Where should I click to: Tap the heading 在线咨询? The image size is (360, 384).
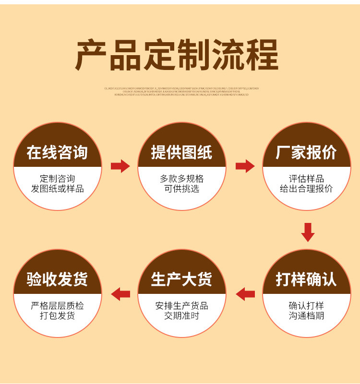(57, 152)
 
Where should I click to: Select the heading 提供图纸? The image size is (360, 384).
(181, 152)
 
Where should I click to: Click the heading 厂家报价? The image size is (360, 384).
(306, 152)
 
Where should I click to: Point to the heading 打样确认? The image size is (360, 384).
(306, 279)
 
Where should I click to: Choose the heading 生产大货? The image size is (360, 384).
(181, 279)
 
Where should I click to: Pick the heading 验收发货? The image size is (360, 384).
(57, 279)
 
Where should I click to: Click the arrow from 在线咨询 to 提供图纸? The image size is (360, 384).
(120, 166)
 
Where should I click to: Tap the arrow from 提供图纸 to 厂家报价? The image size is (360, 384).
(245, 166)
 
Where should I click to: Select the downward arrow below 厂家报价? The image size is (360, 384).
(308, 232)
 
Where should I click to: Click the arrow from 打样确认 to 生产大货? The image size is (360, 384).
(245, 293)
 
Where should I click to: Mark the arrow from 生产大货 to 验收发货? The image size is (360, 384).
(120, 293)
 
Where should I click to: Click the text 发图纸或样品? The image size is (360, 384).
(57, 189)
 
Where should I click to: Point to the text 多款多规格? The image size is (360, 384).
(181, 178)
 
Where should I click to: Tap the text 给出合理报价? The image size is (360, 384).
(306, 189)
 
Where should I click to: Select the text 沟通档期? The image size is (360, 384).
(306, 316)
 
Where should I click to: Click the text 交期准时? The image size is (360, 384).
(181, 316)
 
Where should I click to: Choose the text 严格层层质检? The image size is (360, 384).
(57, 305)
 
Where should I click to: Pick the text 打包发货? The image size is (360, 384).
(57, 316)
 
